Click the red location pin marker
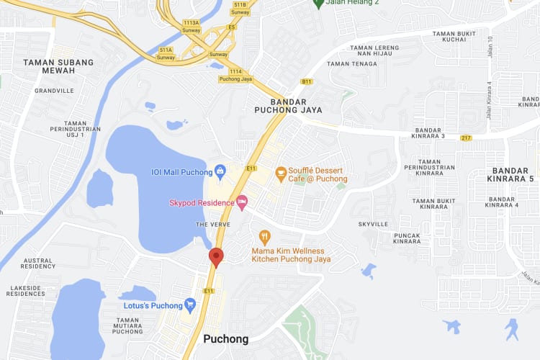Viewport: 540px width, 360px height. point(215,257)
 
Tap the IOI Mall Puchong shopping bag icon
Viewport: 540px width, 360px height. point(220,171)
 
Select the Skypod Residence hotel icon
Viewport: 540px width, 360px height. point(242,202)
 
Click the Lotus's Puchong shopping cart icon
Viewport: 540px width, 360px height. point(190,305)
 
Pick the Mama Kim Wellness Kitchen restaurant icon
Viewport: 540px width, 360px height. point(265,237)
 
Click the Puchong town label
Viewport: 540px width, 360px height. point(226,338)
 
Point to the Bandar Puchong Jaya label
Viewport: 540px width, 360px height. point(288,105)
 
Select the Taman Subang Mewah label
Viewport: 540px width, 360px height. point(58,67)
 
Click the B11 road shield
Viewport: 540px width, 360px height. point(307,81)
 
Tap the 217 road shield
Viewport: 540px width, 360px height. point(466,138)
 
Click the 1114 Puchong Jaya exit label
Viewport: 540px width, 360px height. point(235,75)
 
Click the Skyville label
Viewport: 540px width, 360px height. point(373,224)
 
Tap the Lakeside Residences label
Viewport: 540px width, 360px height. point(26,290)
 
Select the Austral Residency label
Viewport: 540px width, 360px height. point(38,263)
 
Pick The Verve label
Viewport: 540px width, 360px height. point(212,225)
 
